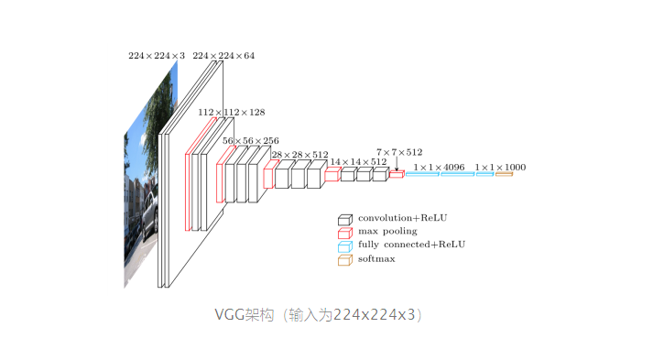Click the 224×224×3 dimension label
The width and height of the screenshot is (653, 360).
click(157, 55)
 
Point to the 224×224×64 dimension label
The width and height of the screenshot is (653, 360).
click(223, 55)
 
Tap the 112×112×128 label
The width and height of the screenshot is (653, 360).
click(232, 112)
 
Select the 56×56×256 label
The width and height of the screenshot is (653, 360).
click(251, 141)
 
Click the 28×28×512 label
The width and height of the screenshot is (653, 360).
click(299, 155)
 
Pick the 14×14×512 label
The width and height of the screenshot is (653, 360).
click(359, 161)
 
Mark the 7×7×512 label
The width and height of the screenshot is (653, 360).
click(399, 152)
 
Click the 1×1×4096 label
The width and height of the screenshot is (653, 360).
click(439, 167)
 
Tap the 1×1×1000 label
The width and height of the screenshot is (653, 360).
click(500, 167)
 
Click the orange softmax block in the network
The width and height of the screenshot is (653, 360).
click(504, 174)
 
